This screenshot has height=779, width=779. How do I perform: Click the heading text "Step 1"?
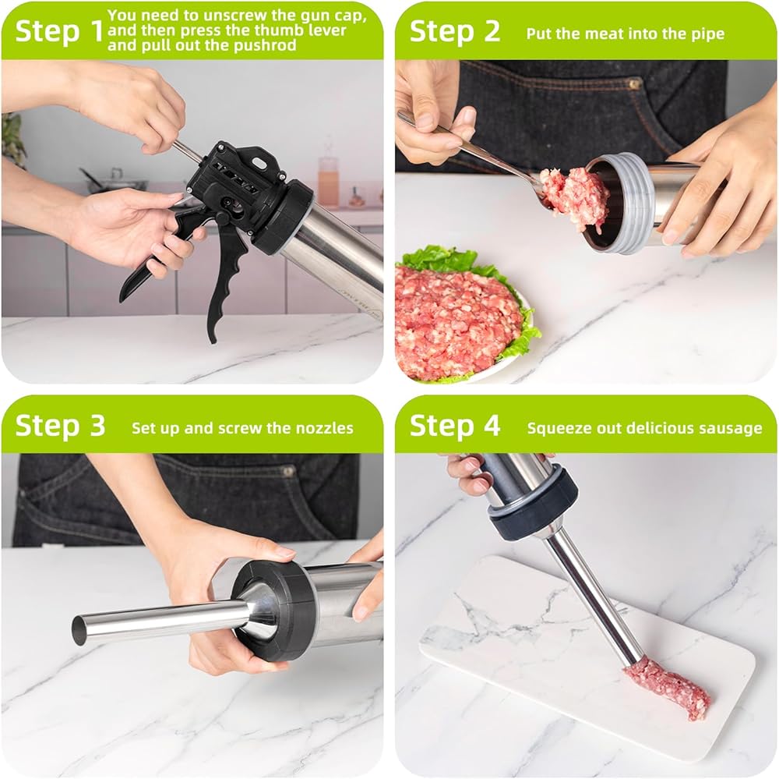point(58,31)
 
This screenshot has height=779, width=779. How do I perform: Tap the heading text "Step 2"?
point(455,31)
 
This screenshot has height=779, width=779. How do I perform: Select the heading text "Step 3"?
point(60,426)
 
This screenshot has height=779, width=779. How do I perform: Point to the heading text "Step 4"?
point(455,426)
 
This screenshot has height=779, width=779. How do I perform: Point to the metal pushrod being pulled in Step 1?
point(188,152)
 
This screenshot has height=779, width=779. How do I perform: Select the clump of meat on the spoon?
point(576,196)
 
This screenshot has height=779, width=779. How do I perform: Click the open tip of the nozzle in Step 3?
point(79,630)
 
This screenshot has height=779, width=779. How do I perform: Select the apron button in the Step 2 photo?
point(633,83)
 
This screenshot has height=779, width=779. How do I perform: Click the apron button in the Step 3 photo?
point(288,470)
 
